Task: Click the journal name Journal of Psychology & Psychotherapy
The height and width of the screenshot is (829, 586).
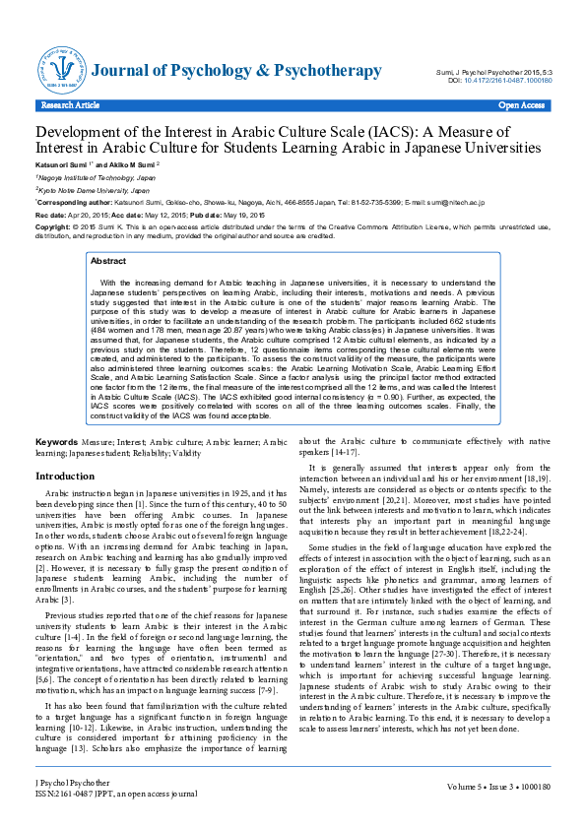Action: [236, 71]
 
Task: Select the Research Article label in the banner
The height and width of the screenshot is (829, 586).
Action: [70, 103]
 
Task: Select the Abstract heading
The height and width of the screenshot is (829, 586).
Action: [107, 262]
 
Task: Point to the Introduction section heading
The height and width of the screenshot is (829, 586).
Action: [65, 476]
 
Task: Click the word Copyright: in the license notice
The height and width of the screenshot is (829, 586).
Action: [53, 225]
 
